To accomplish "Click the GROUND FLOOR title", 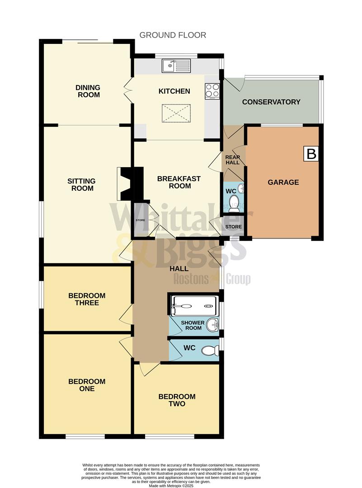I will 173,35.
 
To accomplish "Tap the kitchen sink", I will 178,66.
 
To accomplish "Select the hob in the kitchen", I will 212,91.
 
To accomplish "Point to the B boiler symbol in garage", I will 311,154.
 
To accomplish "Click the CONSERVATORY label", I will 271,102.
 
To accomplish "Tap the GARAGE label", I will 283,183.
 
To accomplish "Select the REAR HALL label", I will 233,160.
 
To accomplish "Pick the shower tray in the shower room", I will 194,306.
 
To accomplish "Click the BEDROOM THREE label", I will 87,299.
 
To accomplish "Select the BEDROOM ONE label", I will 87,385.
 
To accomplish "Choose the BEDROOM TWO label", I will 177,400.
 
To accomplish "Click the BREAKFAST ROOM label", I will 179,183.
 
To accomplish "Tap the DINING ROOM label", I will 88,91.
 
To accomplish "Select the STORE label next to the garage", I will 234,226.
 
